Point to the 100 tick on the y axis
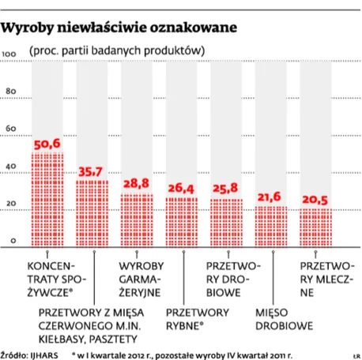10,54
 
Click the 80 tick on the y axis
10,92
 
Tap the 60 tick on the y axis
10,129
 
